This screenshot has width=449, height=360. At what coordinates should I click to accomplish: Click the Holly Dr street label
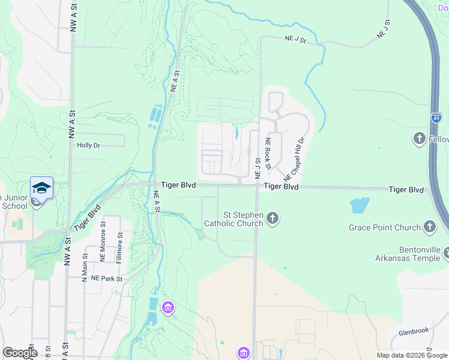click(x=88, y=145)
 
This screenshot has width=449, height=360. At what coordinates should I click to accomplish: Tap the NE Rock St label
click(x=269, y=154)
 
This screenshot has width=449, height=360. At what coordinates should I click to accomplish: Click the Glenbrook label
click(x=414, y=331)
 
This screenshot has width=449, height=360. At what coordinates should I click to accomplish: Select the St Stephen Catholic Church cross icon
click(x=273, y=217)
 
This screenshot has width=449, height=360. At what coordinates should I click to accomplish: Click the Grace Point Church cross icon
click(x=429, y=227)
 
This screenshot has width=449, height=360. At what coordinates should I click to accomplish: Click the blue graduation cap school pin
click(x=41, y=188)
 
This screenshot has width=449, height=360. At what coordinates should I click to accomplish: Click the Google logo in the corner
click(x=20, y=353)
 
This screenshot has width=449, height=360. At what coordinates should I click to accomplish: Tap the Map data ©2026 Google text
click(x=412, y=355)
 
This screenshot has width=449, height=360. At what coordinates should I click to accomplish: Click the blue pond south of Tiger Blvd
click(x=359, y=205)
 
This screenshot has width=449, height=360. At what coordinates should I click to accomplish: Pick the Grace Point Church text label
click(x=384, y=227)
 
